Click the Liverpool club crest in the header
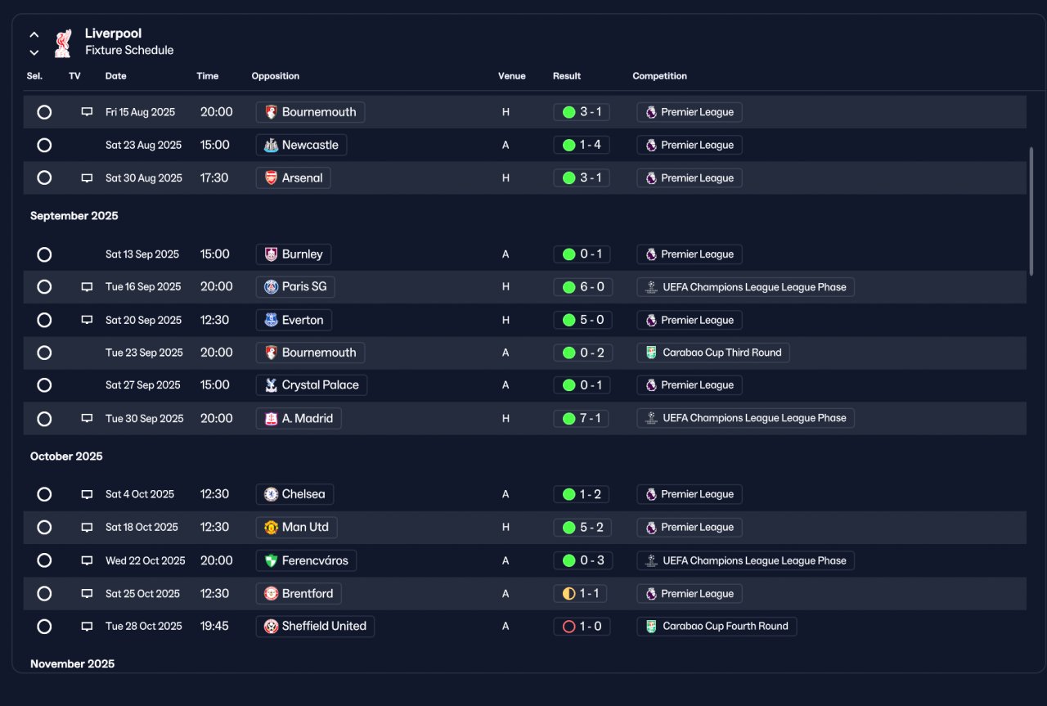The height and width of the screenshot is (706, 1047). click(63, 43)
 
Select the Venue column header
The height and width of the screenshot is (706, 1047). click(511, 76)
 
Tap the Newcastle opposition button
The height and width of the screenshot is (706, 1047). click(301, 145)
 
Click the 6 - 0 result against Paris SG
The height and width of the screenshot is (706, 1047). click(582, 286)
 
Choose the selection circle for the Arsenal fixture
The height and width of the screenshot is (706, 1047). click(44, 178)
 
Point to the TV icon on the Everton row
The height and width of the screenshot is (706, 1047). click(87, 320)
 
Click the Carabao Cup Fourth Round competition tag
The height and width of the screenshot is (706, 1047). click(717, 626)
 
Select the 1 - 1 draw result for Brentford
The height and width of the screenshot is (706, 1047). click(580, 593)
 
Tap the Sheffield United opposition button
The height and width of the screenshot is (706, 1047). click(315, 626)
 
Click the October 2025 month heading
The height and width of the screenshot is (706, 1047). click(66, 456)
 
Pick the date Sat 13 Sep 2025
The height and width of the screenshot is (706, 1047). click(142, 254)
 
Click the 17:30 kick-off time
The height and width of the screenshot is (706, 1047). click(214, 178)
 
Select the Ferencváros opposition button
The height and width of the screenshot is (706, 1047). click(306, 560)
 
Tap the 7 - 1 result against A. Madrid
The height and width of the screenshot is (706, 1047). click(581, 418)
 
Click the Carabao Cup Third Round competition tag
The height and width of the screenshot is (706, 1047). click(713, 353)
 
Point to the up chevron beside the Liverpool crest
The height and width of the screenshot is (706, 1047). click(34, 34)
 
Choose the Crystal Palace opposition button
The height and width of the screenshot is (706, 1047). click(312, 385)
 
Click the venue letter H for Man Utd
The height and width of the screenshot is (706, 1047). click(506, 528)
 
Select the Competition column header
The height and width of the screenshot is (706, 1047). click(659, 76)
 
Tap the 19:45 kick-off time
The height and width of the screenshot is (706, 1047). click(214, 626)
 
